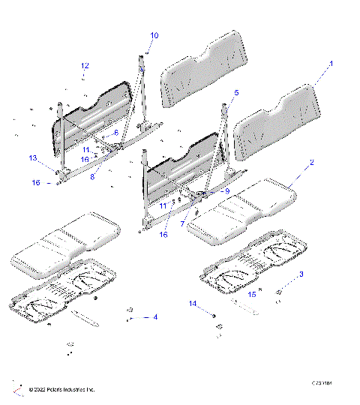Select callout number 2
tap(312, 163)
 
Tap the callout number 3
tap(301, 274)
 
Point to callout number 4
tap(155, 317)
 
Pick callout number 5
tap(235, 92)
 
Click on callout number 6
tap(116, 132)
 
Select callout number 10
tap(154, 35)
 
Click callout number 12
tap(85, 66)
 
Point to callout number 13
tap(33, 158)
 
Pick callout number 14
tap(192, 304)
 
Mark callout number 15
tap(253, 295)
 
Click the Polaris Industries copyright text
tap(61, 390)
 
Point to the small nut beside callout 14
tap(215, 315)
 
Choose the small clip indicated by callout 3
tap(279, 291)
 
